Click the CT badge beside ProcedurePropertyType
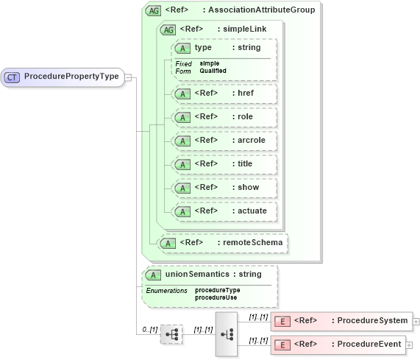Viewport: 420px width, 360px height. click(13, 77)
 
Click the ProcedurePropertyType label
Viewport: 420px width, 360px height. click(71, 77)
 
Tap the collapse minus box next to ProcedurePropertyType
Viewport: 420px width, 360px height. click(128, 77)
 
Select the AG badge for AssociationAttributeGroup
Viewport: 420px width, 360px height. click(154, 10)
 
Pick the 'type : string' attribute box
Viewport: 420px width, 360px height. click(224, 48)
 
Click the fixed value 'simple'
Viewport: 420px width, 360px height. click(210, 63)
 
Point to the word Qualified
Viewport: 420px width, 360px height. click(213, 71)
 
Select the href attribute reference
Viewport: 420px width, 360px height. click(224, 93)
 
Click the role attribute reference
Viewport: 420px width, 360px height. click(224, 117)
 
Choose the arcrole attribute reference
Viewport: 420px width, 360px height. click(224, 141)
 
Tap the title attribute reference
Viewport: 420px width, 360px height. click(224, 164)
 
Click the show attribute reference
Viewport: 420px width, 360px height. click(224, 188)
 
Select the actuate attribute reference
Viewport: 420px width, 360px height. click(224, 211)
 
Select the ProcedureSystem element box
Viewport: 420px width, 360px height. click(341, 321)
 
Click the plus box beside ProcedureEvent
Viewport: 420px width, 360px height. click(410, 345)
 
